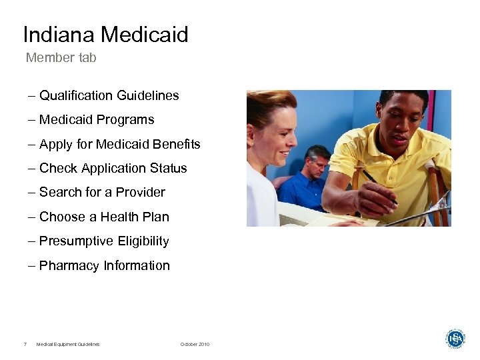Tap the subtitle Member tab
[61, 58]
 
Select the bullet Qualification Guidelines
[109, 95]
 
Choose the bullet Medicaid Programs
[97, 120]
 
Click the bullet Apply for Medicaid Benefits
[119, 144]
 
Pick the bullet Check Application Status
[113, 168]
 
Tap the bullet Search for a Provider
[102, 192]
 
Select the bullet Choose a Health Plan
[104, 217]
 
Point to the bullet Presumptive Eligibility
[104, 241]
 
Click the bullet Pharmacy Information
[105, 265]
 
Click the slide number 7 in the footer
[25, 344]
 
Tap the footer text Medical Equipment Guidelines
[68, 344]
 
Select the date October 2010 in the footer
[195, 344]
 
